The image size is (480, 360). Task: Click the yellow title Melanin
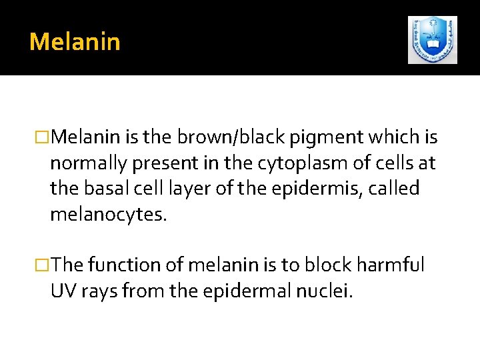pos(75,42)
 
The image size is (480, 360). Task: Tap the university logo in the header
pos(432,40)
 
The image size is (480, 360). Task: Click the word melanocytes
pos(106,214)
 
